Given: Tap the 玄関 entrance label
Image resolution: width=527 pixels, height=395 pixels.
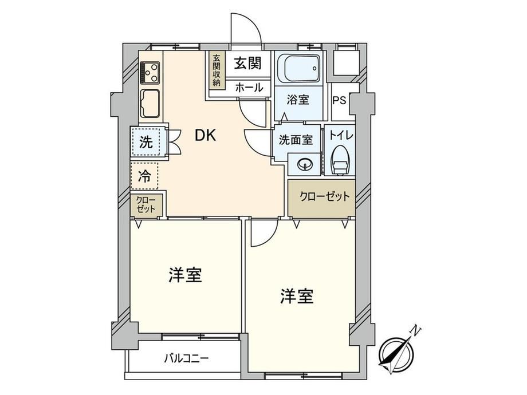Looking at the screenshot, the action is (x=247, y=63).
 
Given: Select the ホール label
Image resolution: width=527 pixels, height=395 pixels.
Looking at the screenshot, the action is (x=249, y=88).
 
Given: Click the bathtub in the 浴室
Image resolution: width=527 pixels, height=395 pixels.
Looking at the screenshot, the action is (x=302, y=68).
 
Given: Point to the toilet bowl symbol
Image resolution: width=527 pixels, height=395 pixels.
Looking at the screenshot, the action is (x=341, y=160).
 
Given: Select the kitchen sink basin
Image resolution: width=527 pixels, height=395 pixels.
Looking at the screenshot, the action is (x=150, y=104).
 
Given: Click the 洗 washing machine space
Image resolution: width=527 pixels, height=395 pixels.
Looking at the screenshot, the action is (x=146, y=142).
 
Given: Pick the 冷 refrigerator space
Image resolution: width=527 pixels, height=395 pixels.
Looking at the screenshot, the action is (x=144, y=176).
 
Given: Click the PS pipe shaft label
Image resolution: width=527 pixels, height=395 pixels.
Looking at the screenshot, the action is (x=339, y=100).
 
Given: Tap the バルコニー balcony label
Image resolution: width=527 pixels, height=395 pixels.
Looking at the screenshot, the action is (x=186, y=359).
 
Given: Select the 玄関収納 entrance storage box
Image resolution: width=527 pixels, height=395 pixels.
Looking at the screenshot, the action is (x=216, y=70).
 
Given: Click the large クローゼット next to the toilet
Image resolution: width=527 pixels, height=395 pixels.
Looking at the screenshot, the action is (x=322, y=198).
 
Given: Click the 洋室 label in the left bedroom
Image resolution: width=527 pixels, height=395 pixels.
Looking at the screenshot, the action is (x=185, y=275).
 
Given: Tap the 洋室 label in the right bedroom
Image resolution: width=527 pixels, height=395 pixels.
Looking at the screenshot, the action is (x=297, y=297).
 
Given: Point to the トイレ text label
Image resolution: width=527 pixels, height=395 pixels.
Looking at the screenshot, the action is (x=341, y=136).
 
